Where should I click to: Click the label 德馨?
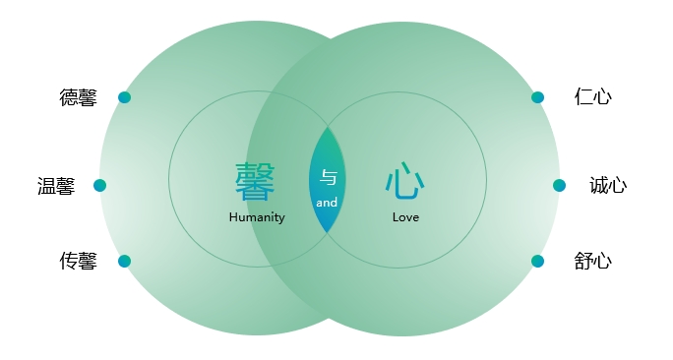[x=79, y=97]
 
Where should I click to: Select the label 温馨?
[x=56, y=186]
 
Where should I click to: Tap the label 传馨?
[x=79, y=262]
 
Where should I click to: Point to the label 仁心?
[x=593, y=96]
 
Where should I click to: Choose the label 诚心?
[x=608, y=185]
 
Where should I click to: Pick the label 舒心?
[x=593, y=262]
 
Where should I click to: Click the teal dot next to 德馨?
[x=124, y=97]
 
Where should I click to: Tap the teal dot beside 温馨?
[x=99, y=185]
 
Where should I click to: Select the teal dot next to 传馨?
[x=124, y=262]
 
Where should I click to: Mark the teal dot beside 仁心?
[x=537, y=97]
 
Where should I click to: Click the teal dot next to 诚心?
[x=559, y=185]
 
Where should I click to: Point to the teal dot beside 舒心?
[x=537, y=262]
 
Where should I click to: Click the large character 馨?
[x=256, y=181]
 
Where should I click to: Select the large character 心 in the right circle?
[x=404, y=181]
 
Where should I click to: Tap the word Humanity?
[x=257, y=217]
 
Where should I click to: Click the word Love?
[x=405, y=217]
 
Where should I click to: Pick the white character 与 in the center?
[x=329, y=177]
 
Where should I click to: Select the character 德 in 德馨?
[x=69, y=97]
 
